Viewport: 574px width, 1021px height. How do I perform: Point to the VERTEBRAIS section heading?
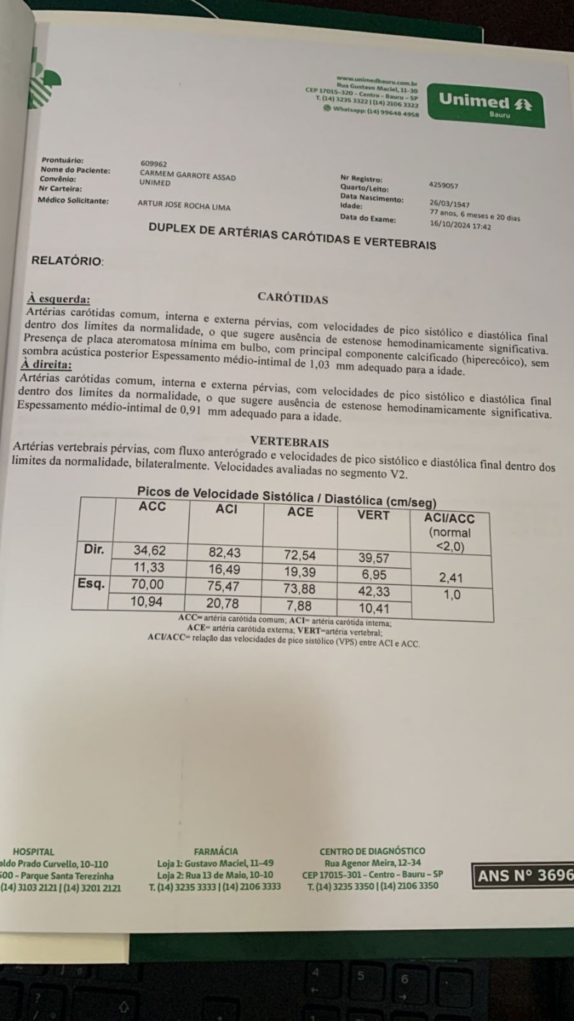[x=289, y=442]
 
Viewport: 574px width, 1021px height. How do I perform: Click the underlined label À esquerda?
[x=59, y=299]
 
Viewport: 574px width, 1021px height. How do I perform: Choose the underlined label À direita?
[x=52, y=365]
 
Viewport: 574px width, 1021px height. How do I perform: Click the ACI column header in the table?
[x=227, y=509]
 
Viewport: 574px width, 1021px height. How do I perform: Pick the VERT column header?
[x=373, y=515]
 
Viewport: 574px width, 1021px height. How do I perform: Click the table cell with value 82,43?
[x=225, y=552]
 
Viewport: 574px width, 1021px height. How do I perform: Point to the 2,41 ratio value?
[x=451, y=576]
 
